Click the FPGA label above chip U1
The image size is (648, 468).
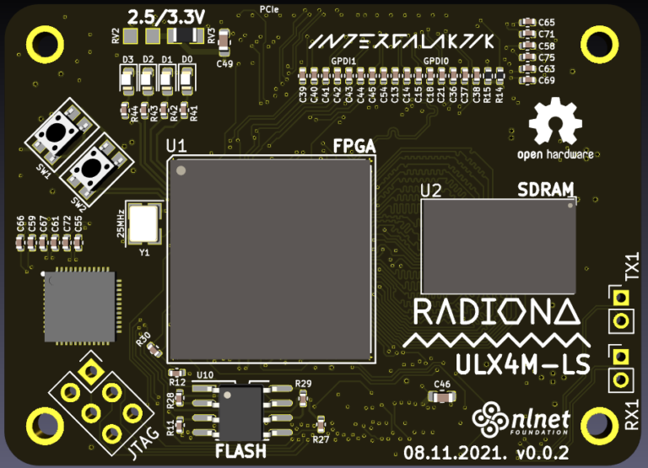[x=354, y=146]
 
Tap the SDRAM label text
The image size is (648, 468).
[x=546, y=188]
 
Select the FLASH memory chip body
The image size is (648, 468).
[x=241, y=411]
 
